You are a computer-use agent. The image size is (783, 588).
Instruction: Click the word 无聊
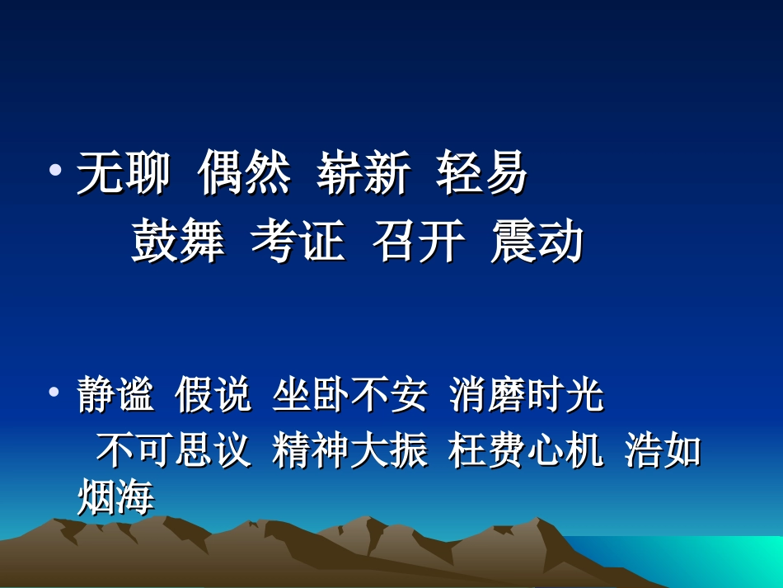[x=124, y=174]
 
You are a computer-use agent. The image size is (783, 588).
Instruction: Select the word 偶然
[x=244, y=174]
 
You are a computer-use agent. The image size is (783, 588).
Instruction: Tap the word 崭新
[x=363, y=174]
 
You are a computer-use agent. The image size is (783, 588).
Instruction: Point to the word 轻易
[x=482, y=174]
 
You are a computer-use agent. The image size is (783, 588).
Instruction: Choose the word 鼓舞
[x=178, y=242]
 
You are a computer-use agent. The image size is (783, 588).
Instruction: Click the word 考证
[x=298, y=242]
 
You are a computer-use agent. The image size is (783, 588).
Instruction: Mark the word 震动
[x=537, y=242]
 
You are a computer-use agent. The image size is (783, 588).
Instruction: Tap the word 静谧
[x=115, y=396]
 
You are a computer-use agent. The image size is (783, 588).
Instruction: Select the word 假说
[x=213, y=396]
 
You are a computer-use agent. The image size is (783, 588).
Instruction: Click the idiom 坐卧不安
[x=349, y=396]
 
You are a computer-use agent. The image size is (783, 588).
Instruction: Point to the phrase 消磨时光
[x=527, y=396]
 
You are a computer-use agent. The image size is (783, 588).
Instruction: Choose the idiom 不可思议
[x=173, y=450]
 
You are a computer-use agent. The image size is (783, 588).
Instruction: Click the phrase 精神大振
[x=349, y=450]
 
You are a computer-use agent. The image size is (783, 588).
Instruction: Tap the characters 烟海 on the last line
[x=115, y=497]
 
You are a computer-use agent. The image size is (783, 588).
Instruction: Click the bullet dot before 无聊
[x=55, y=172]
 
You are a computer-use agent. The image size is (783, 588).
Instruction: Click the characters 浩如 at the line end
[x=663, y=450]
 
